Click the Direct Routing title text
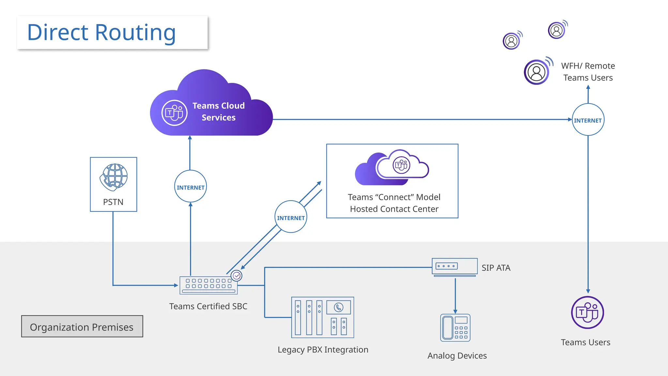tap(101, 33)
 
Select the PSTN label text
tap(113, 202)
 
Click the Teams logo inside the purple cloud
tap(174, 113)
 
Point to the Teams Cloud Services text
tap(219, 112)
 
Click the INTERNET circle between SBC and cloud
tap(190, 187)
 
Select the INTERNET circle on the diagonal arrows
tap(291, 217)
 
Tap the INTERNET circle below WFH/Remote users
tap(588, 120)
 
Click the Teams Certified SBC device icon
tap(208, 285)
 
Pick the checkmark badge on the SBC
tap(236, 276)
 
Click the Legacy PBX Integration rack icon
tap(323, 317)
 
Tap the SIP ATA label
tap(496, 268)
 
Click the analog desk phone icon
tap(455, 328)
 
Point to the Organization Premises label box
tap(82, 326)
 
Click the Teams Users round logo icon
tap(587, 313)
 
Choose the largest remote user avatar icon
tap(537, 72)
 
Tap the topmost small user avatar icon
tap(557, 30)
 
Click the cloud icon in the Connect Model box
tap(392, 167)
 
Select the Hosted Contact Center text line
tap(394, 209)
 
